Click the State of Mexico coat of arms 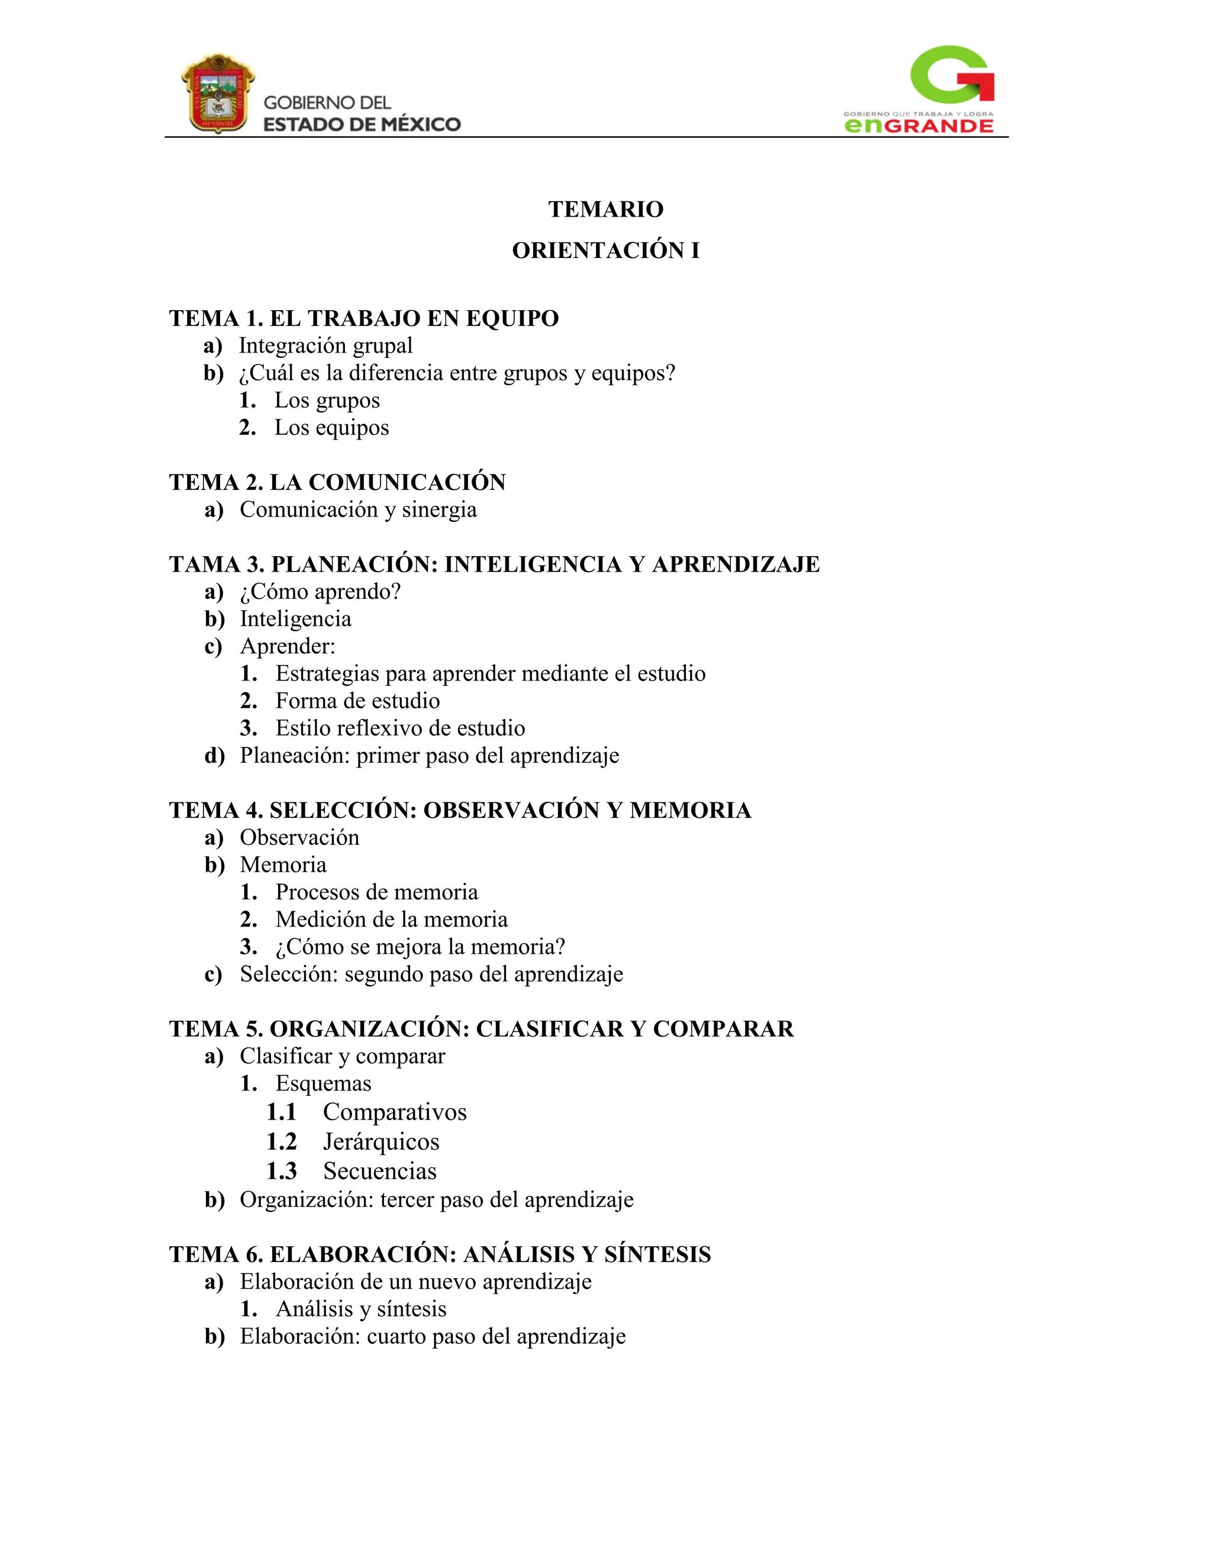pyautogui.click(x=218, y=93)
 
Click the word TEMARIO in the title pyautogui.click(x=605, y=209)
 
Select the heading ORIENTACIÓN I pyautogui.click(x=605, y=250)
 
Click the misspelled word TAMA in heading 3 pyautogui.click(x=204, y=564)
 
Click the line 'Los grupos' pyautogui.click(x=327, y=401)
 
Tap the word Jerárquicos pyautogui.click(x=381, y=1141)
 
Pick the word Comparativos pyautogui.click(x=394, y=1112)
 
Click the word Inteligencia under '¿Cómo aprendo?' pyautogui.click(x=295, y=619)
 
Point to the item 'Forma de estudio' pyautogui.click(x=357, y=701)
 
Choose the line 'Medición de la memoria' pyautogui.click(x=391, y=919)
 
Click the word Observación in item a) pyautogui.click(x=299, y=838)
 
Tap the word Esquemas pyautogui.click(x=323, y=1083)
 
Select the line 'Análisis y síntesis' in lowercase pyautogui.click(x=360, y=1309)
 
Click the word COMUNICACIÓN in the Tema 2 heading pyautogui.click(x=407, y=482)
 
